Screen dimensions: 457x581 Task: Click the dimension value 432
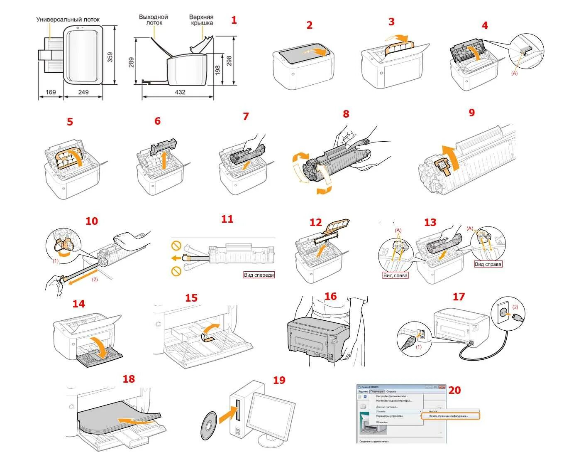[x=180, y=92]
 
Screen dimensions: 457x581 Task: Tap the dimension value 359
[x=110, y=57]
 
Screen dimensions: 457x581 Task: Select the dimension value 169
[x=51, y=92]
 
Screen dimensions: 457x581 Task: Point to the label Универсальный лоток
[x=68, y=20]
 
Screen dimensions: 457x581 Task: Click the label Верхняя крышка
[x=201, y=20]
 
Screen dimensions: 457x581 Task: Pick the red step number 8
[x=346, y=113]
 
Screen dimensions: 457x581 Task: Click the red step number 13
[x=430, y=222]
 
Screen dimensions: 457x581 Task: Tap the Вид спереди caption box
[x=259, y=275]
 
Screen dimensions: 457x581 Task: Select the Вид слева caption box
[x=395, y=275]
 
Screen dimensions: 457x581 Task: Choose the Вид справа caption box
[x=488, y=264]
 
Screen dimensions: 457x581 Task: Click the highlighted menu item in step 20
[x=450, y=416]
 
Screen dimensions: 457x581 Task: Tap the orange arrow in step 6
[x=165, y=160]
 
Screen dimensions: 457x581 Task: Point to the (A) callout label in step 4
[x=515, y=73]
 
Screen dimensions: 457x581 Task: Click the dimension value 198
[x=217, y=69]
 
